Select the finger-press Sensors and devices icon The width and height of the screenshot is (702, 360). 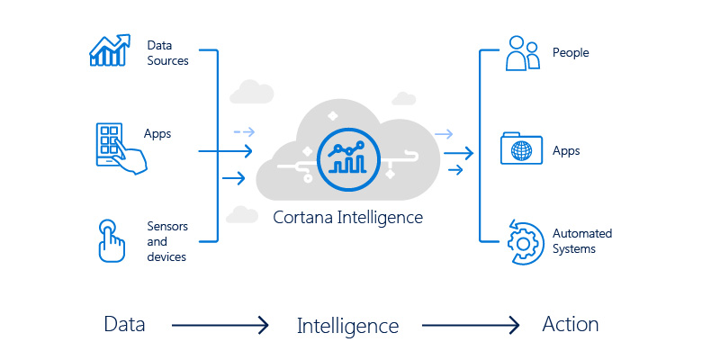[x=111, y=238]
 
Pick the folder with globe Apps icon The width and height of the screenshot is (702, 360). [x=522, y=148]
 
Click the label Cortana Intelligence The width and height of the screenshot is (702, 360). [x=347, y=217]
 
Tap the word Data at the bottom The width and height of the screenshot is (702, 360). [x=124, y=324]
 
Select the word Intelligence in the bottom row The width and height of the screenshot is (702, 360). [x=347, y=325]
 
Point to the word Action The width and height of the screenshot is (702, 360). [x=570, y=324]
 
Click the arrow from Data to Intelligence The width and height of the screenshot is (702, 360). [x=220, y=325]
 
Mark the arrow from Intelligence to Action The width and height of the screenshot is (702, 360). [x=471, y=325]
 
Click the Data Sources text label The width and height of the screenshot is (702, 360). [x=168, y=52]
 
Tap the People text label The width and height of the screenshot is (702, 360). [x=571, y=52]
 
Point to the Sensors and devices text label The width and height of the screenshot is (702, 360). [x=166, y=241]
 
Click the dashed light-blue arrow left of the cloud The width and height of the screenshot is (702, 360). [x=243, y=131]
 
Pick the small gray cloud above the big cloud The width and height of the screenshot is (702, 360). [x=251, y=91]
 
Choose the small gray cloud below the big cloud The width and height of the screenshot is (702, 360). [x=241, y=213]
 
